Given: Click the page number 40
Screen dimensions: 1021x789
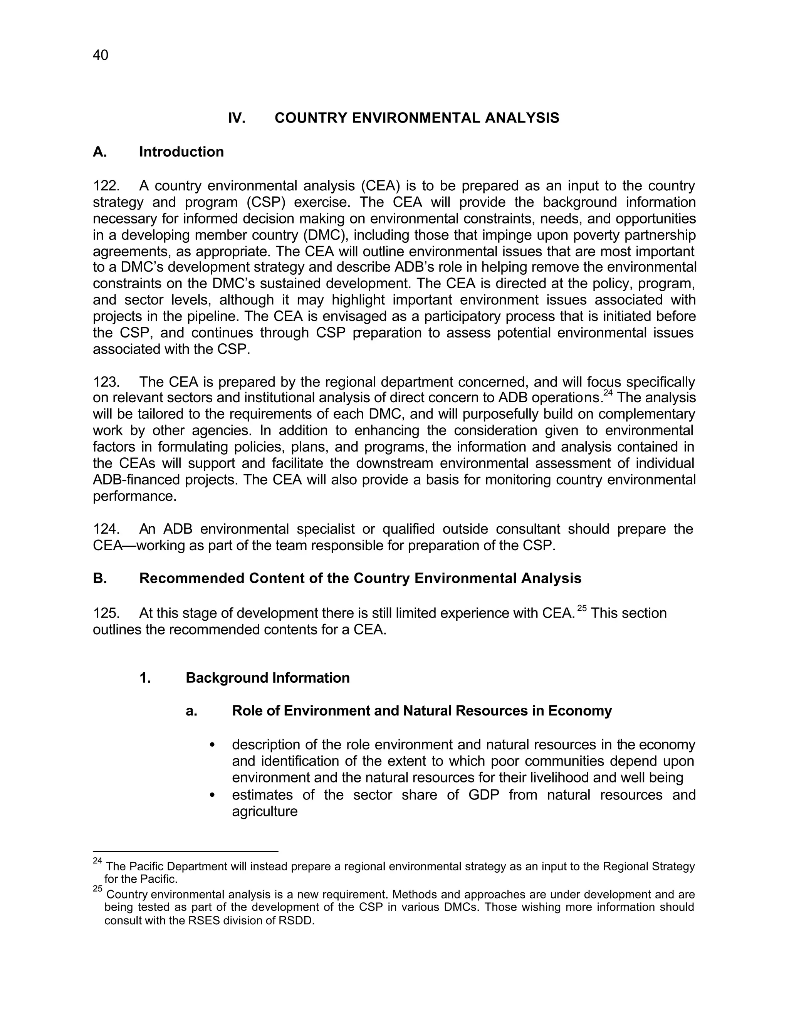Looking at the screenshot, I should click(101, 55).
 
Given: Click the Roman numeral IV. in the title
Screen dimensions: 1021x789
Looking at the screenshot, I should click(237, 118).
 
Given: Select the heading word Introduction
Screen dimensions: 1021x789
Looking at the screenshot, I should click(181, 152).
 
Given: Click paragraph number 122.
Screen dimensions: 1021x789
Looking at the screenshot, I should click(106, 186).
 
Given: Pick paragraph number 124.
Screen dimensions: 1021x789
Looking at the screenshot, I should click(106, 529).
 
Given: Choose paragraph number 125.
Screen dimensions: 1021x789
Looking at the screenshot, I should click(106, 613).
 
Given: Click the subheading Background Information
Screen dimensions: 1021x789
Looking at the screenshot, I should click(267, 678).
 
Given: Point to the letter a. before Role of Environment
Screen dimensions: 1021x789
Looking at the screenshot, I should click(191, 711).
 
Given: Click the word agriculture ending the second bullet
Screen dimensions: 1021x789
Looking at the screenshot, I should click(265, 811).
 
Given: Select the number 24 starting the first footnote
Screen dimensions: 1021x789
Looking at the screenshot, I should click(97, 861).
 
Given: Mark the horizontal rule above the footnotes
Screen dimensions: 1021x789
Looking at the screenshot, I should click(186, 851).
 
